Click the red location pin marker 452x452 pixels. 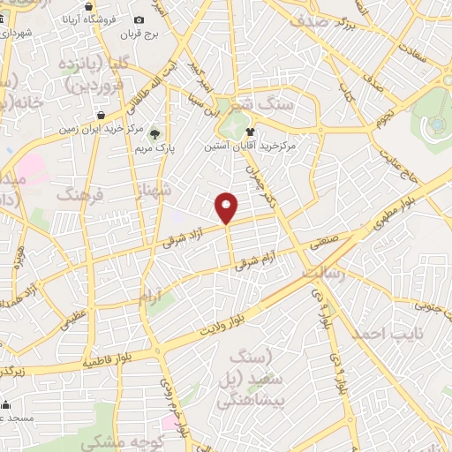click(227, 207)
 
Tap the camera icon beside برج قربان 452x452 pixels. click(139, 20)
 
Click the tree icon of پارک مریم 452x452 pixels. click(155, 134)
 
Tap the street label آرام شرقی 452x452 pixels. click(260, 257)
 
